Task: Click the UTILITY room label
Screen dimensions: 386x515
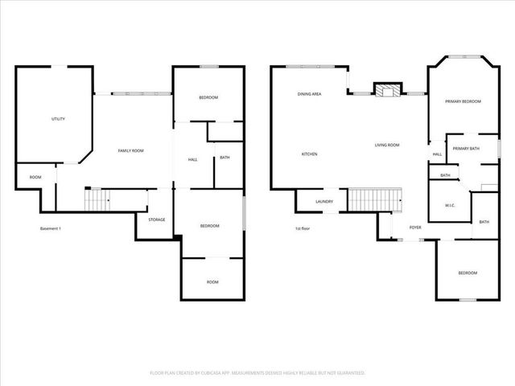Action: pos(58,119)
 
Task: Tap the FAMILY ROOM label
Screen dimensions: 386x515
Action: pos(130,150)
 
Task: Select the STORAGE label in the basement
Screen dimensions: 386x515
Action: pos(156,220)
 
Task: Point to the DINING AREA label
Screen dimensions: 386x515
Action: pos(309,95)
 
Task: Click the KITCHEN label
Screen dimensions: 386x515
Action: pos(310,154)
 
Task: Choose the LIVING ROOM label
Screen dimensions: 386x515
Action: pos(386,146)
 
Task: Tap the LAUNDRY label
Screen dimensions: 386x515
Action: pos(324,202)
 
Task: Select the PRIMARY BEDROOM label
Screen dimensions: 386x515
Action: pos(463,101)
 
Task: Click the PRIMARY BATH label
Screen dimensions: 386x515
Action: pos(465,149)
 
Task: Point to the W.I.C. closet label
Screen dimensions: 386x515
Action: pos(451,205)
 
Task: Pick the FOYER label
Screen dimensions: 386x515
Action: pos(415,228)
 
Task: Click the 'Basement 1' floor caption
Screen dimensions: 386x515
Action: pos(51,229)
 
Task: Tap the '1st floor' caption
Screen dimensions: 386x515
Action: pos(303,229)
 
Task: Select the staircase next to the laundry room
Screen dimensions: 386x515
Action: pos(373,199)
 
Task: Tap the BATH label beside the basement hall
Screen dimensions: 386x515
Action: pos(225,158)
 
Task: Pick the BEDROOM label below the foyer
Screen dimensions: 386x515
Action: pos(468,273)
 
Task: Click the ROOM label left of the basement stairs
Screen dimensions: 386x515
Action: pos(35,177)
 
